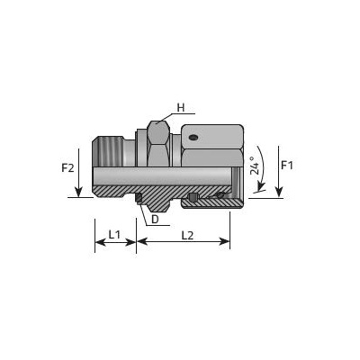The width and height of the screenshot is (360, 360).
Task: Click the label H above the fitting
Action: (181, 107)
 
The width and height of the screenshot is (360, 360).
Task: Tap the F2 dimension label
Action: (67, 168)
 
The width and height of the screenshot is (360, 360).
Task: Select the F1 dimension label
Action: (286, 166)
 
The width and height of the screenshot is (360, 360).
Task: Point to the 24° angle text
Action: (255, 166)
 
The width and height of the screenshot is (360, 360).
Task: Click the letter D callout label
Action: (155, 220)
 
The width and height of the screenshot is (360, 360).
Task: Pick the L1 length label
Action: (114, 234)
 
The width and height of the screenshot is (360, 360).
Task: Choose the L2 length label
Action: (187, 236)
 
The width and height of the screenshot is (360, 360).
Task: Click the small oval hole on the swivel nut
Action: (193, 138)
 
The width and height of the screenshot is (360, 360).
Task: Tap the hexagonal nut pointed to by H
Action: (158, 143)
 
